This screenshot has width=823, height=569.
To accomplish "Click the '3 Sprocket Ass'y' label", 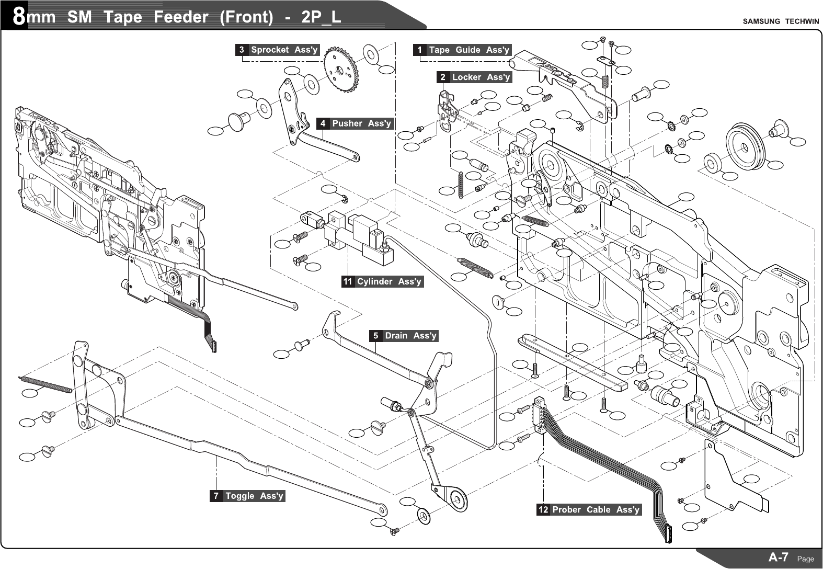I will pos(277,50).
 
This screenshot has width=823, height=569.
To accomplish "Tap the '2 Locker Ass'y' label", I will pos(474,77).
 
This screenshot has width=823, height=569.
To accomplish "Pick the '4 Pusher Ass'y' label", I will pos(355,124).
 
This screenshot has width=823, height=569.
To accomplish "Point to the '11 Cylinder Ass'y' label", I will pos(382,282).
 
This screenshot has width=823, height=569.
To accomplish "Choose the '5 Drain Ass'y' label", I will pos(404,336).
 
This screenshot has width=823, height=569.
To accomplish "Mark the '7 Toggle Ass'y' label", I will pos(248,496).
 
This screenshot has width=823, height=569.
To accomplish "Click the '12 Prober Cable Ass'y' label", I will pos(589,510).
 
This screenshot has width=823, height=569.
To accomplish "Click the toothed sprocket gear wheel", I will pos(341,70).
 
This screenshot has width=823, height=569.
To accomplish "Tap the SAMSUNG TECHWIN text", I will pos(781,21).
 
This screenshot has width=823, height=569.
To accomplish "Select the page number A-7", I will pos(779,557).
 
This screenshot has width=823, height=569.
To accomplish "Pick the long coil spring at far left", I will pos(45,383).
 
